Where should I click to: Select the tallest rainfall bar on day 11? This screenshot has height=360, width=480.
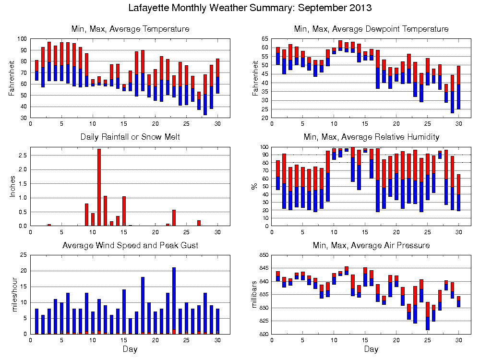[x=99, y=187]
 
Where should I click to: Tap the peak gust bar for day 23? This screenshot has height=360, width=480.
[x=174, y=300]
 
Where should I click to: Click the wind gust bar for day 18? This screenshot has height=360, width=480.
[x=143, y=305]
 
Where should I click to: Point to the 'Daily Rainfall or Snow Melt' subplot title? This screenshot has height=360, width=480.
[x=130, y=137]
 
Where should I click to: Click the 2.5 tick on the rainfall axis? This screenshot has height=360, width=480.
[x=23, y=155]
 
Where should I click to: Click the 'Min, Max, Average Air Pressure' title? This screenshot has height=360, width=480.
[x=371, y=245]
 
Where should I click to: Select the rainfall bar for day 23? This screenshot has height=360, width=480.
[x=174, y=217]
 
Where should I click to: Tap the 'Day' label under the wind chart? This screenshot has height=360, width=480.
[x=130, y=349]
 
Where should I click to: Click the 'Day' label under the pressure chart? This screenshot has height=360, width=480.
[x=371, y=349]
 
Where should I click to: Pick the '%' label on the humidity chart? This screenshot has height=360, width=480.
[x=254, y=186]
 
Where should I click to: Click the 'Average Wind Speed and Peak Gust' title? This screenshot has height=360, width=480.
[x=130, y=245]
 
